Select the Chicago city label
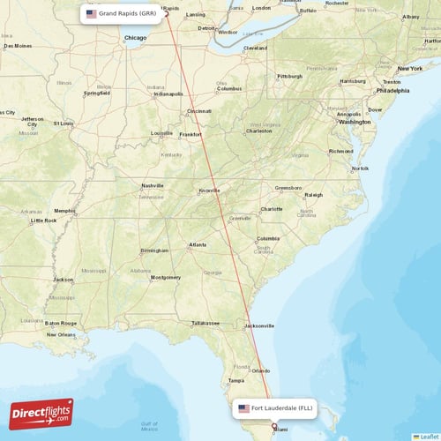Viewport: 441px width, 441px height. (x=136, y=39)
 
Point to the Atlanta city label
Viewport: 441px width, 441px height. (x=198, y=245)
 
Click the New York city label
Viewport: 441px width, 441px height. (x=409, y=69)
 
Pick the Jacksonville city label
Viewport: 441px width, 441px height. (x=258, y=325)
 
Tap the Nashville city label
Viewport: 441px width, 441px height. (x=153, y=186)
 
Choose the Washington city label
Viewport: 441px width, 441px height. (x=355, y=122)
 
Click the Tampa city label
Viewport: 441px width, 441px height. (x=235, y=380)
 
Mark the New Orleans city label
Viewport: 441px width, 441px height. (x=61, y=334)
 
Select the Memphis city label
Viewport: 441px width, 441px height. (x=64, y=211)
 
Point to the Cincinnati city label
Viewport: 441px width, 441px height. (x=198, y=111)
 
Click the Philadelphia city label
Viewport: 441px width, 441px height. (x=392, y=90)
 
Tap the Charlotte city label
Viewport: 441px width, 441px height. (x=272, y=209)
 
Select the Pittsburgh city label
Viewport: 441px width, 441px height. (x=289, y=77)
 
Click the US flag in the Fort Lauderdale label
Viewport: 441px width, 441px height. (x=244, y=409)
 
